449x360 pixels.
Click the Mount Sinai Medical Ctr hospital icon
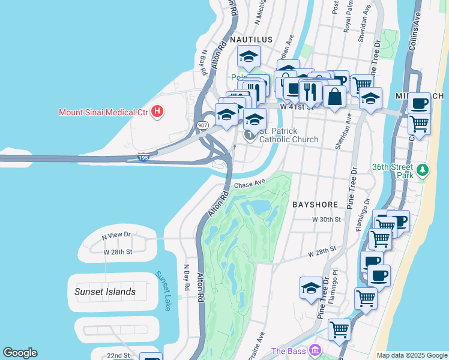[157, 112]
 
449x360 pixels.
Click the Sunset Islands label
[105, 292]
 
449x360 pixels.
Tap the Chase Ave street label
[250, 183]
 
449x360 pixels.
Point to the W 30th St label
[326, 220]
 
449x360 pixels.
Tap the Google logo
[20, 353]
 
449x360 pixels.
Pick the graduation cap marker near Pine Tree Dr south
[311, 288]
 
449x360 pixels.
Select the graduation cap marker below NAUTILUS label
[248, 57]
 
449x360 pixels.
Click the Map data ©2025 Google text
[411, 355]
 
